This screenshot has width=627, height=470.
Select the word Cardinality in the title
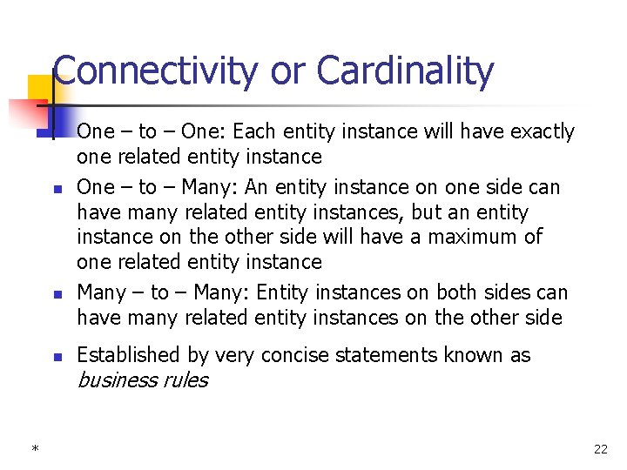405,71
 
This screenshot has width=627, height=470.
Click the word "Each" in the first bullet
253,131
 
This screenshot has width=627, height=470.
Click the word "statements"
380,355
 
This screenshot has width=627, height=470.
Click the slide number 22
600,449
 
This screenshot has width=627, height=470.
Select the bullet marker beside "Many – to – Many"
55,294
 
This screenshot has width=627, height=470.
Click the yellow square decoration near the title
40,88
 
